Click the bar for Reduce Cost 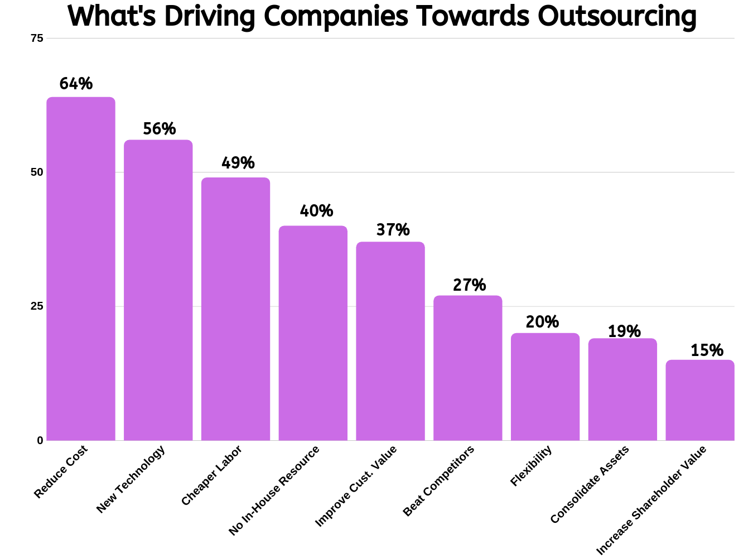pos(81,268)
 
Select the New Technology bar pos(158,290)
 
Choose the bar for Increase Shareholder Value pos(700,400)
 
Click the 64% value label pos(76,84)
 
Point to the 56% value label pos(160,129)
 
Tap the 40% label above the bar pos(316,211)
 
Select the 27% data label pos(469,285)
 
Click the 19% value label pos(624,331)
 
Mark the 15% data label pos(707,350)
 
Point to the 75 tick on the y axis pos(37,38)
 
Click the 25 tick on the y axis pos(37,306)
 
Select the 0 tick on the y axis pos(40,440)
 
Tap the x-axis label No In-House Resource pos(274,490)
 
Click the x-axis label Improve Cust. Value pos(356,486)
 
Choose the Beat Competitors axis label pos(438,481)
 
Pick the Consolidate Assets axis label pos(590,484)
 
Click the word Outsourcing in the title pos(617,16)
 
